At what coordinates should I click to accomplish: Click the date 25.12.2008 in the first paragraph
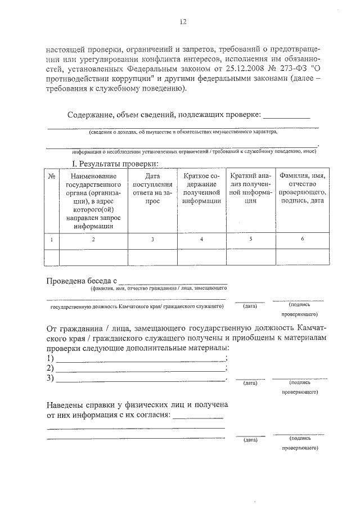(x=220, y=70)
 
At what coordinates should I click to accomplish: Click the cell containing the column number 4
(x=201, y=240)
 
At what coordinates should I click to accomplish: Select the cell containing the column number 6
(x=303, y=240)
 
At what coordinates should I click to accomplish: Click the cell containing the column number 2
(x=93, y=240)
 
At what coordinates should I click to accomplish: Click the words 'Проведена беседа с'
(x=81, y=280)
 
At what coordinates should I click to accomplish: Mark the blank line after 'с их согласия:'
(x=197, y=418)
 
